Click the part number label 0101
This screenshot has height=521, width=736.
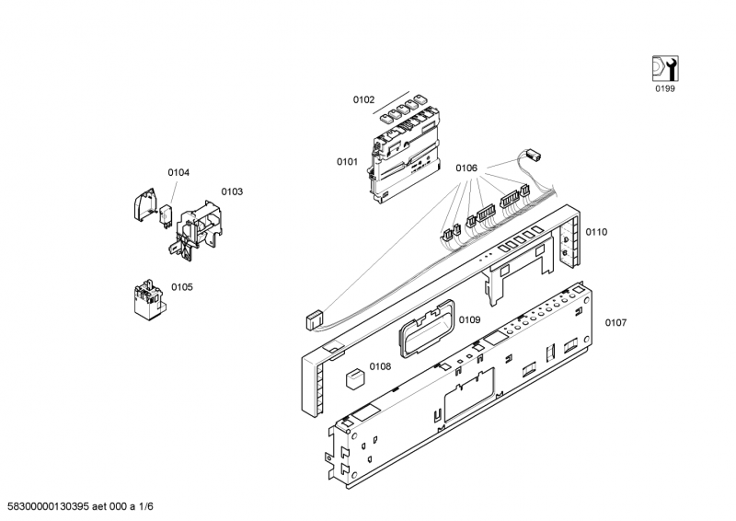[347, 162]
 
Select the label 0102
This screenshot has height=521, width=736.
[363, 99]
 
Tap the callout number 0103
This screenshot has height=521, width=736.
[232, 191]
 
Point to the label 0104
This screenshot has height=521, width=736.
[178, 173]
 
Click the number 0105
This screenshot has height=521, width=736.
[181, 287]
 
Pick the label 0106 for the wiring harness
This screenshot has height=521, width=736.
[466, 168]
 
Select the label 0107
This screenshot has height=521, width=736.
[615, 323]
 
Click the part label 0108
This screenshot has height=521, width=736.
[380, 366]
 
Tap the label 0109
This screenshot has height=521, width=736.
[469, 320]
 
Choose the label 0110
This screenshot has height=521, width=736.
[596, 232]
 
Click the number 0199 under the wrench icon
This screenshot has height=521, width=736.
[665, 88]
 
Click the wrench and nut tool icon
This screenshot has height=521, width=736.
[665, 69]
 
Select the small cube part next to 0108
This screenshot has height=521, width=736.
[355, 378]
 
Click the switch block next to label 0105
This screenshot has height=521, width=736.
[147, 300]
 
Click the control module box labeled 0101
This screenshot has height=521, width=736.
[406, 153]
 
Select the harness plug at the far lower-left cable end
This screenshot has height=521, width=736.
[313, 320]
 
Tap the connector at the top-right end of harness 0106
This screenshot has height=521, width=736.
[534, 154]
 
